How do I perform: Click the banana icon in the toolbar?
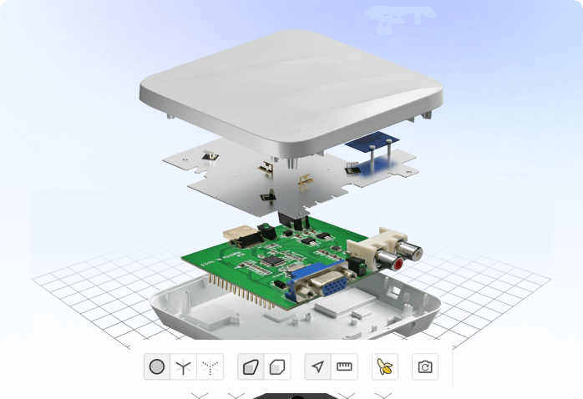(x=384, y=366)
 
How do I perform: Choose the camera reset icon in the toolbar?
(x=425, y=366)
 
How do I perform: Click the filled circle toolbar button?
(x=156, y=366)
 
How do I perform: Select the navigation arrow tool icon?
(x=317, y=366)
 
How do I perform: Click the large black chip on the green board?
(x=273, y=260)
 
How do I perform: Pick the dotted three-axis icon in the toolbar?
(x=211, y=366)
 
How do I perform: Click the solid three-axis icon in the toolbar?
(x=185, y=366)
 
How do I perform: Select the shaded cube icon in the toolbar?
(x=278, y=366)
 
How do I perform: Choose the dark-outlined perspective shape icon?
(x=251, y=366)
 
